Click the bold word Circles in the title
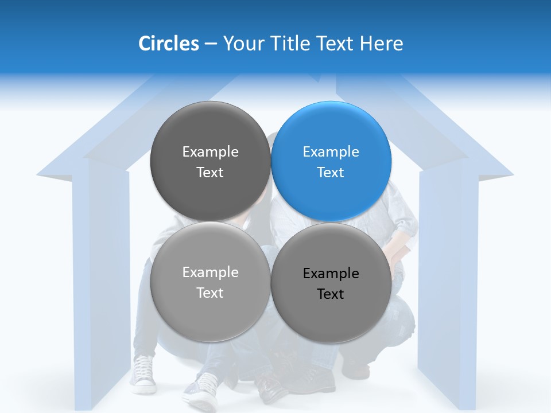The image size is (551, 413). [169, 44]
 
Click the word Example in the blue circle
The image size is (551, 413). [331, 152]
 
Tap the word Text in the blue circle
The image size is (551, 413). [331, 173]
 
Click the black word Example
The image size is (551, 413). [331, 274]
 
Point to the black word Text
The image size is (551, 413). [331, 294]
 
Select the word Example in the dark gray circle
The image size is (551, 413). [210, 152]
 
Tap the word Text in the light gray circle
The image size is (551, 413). [210, 293]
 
